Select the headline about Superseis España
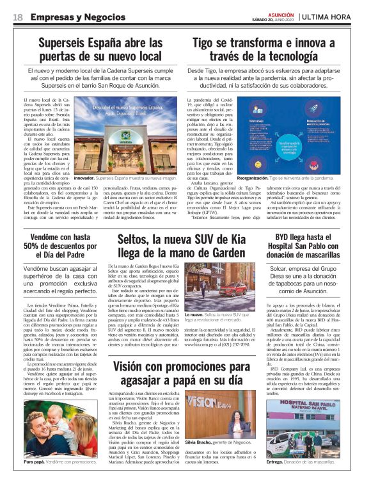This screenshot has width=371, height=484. tap(100, 50)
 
